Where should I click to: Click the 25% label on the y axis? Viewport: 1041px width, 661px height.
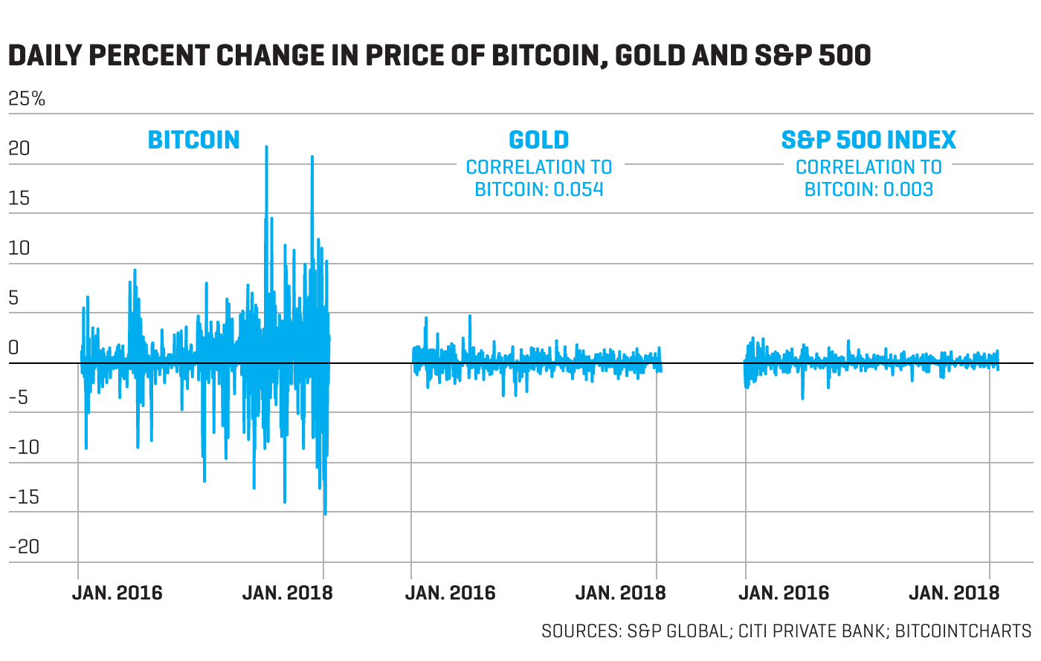pos(27,99)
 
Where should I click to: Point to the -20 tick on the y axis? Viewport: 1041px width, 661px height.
pos(24,547)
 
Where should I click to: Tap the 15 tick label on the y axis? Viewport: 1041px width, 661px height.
pos(19,198)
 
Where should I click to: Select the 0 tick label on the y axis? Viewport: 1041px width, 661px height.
pos(13,348)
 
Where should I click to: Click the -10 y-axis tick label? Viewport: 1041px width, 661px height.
pos(24,447)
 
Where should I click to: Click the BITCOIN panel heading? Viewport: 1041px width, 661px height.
pos(193,140)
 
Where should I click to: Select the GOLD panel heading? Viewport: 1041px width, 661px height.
pos(539,140)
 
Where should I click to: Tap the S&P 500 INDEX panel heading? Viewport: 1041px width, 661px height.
pos(868,140)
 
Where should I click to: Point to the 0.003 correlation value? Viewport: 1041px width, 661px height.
pos(908,189)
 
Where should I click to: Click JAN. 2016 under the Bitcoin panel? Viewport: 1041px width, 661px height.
pos(117,593)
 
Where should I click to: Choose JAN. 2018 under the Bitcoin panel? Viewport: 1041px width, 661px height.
pos(288,593)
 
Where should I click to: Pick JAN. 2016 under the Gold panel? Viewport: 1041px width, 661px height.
pos(450,593)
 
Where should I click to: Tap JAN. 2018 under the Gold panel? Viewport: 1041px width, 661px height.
pos(621,593)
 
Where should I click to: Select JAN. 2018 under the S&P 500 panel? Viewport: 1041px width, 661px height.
pos(954,593)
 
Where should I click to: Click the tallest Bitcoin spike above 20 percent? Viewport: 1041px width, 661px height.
pos(266,147)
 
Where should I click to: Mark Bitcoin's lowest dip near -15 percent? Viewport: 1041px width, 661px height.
pos(325,513)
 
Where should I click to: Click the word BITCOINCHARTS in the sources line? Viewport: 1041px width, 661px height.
pos(963,631)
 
